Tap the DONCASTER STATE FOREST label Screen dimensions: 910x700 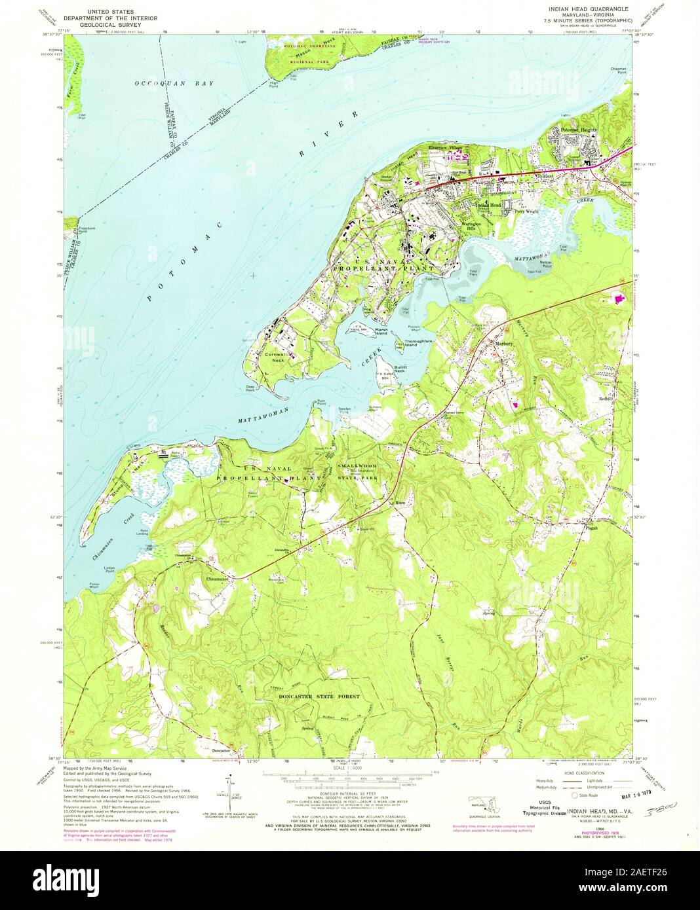coord(315,697)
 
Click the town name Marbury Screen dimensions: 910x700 coord(503,342)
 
